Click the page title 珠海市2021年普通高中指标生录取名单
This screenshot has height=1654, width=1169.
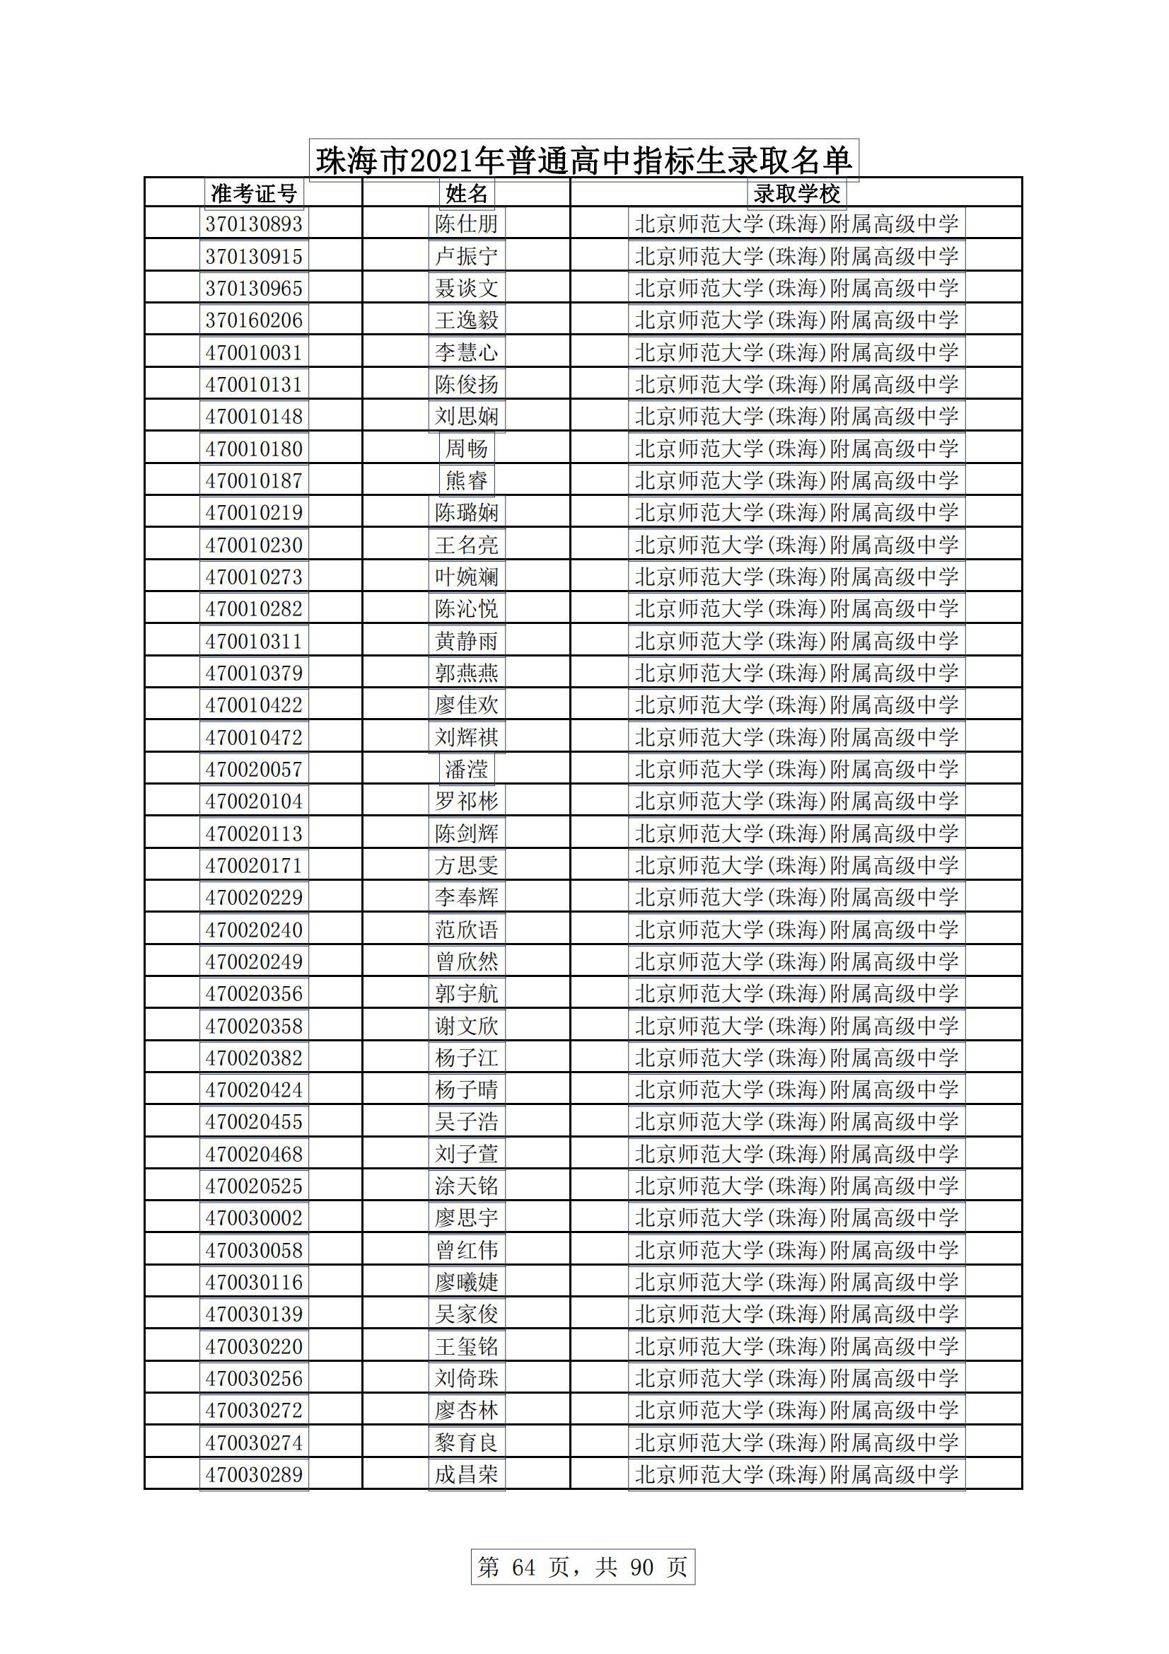[583, 160]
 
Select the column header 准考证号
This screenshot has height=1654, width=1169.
[254, 193]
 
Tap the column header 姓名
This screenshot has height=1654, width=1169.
[467, 193]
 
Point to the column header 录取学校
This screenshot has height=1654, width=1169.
[796, 193]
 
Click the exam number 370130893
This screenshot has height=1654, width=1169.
[254, 224]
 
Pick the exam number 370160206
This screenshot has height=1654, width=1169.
[254, 320]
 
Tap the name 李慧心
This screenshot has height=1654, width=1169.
[467, 352]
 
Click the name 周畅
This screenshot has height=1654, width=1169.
[467, 449]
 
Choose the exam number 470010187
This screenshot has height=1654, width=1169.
[254, 480]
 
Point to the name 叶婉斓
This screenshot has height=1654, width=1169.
[467, 577]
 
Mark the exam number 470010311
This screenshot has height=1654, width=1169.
[254, 641]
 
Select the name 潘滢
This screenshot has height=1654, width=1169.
[467, 770]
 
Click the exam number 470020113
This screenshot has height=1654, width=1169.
[254, 833]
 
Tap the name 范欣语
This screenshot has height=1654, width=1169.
[467, 930]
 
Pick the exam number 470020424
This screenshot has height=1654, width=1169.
[254, 1089]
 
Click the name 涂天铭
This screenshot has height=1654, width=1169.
[467, 1186]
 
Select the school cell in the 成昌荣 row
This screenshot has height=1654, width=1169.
[796, 1474]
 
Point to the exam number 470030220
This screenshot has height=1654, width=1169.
[254, 1346]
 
